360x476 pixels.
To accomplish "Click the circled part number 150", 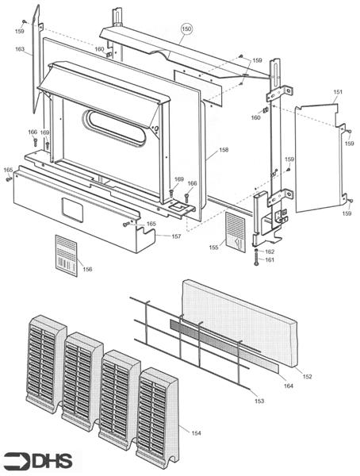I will pyautogui.click(x=186, y=29).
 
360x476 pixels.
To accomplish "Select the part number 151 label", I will pyautogui.click(x=339, y=93).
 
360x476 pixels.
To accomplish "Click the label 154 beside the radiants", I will pyautogui.click(x=195, y=432).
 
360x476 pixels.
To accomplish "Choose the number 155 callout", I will pyautogui.click(x=214, y=248).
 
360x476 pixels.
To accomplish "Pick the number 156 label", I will pyautogui.click(x=87, y=270).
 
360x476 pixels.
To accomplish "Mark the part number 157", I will pyautogui.click(x=175, y=236).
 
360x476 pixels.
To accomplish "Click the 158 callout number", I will pyautogui.click(x=224, y=149).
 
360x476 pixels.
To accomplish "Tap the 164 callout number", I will pyautogui.click(x=288, y=386).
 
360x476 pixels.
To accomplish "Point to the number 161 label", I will pyautogui.click(x=270, y=260).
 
